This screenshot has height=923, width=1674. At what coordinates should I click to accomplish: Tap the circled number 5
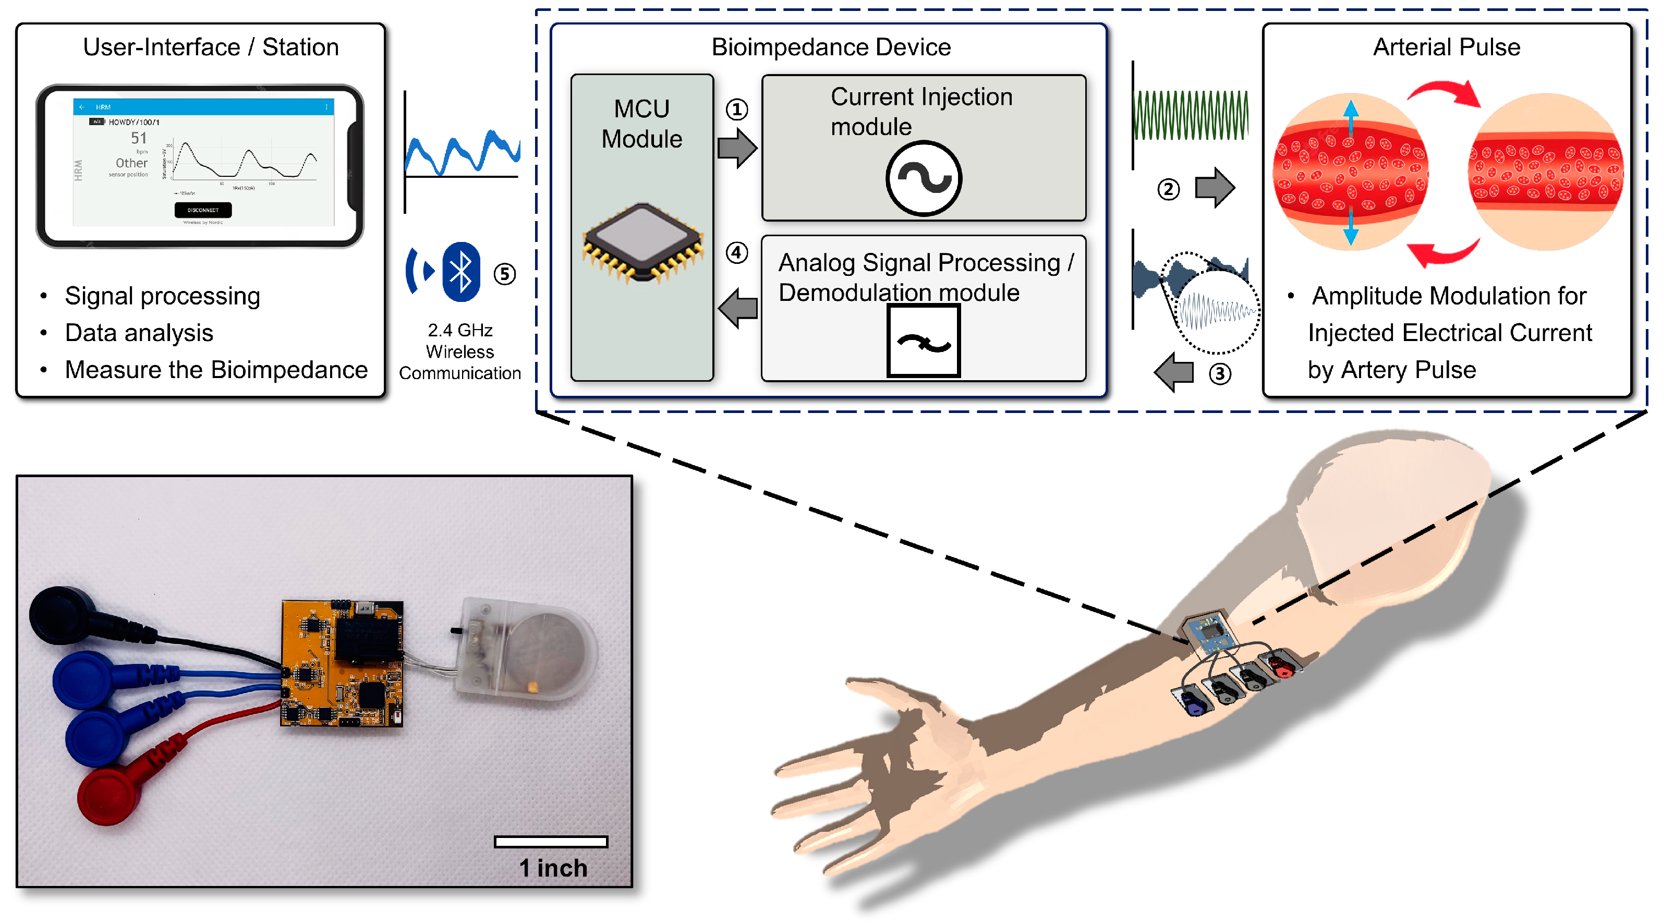point(505,274)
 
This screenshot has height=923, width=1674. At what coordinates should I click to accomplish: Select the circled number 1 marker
point(736,109)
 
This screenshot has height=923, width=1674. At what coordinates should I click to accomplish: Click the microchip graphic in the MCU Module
point(642,242)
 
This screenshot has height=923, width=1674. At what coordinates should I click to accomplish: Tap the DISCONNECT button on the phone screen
point(203,210)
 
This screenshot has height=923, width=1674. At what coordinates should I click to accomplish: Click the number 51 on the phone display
point(138,138)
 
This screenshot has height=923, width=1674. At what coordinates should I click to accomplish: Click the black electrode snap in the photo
point(62,615)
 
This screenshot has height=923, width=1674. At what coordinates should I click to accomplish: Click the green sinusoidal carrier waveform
point(1190,115)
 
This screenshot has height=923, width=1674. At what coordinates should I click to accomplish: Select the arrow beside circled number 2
point(1215,188)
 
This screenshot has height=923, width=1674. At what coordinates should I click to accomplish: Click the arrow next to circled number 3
point(1174,372)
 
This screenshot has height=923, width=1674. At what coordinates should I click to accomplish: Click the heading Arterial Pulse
point(1446,47)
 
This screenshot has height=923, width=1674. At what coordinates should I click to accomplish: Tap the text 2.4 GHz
point(459,330)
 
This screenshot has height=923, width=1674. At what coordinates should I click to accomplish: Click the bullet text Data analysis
point(139,333)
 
